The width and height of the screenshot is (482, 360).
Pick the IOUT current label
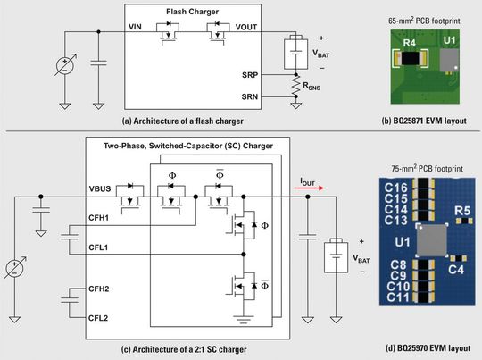[x=305, y=180]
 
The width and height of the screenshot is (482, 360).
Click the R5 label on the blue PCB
[x=461, y=212]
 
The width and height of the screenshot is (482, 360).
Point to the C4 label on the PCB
[x=456, y=268]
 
